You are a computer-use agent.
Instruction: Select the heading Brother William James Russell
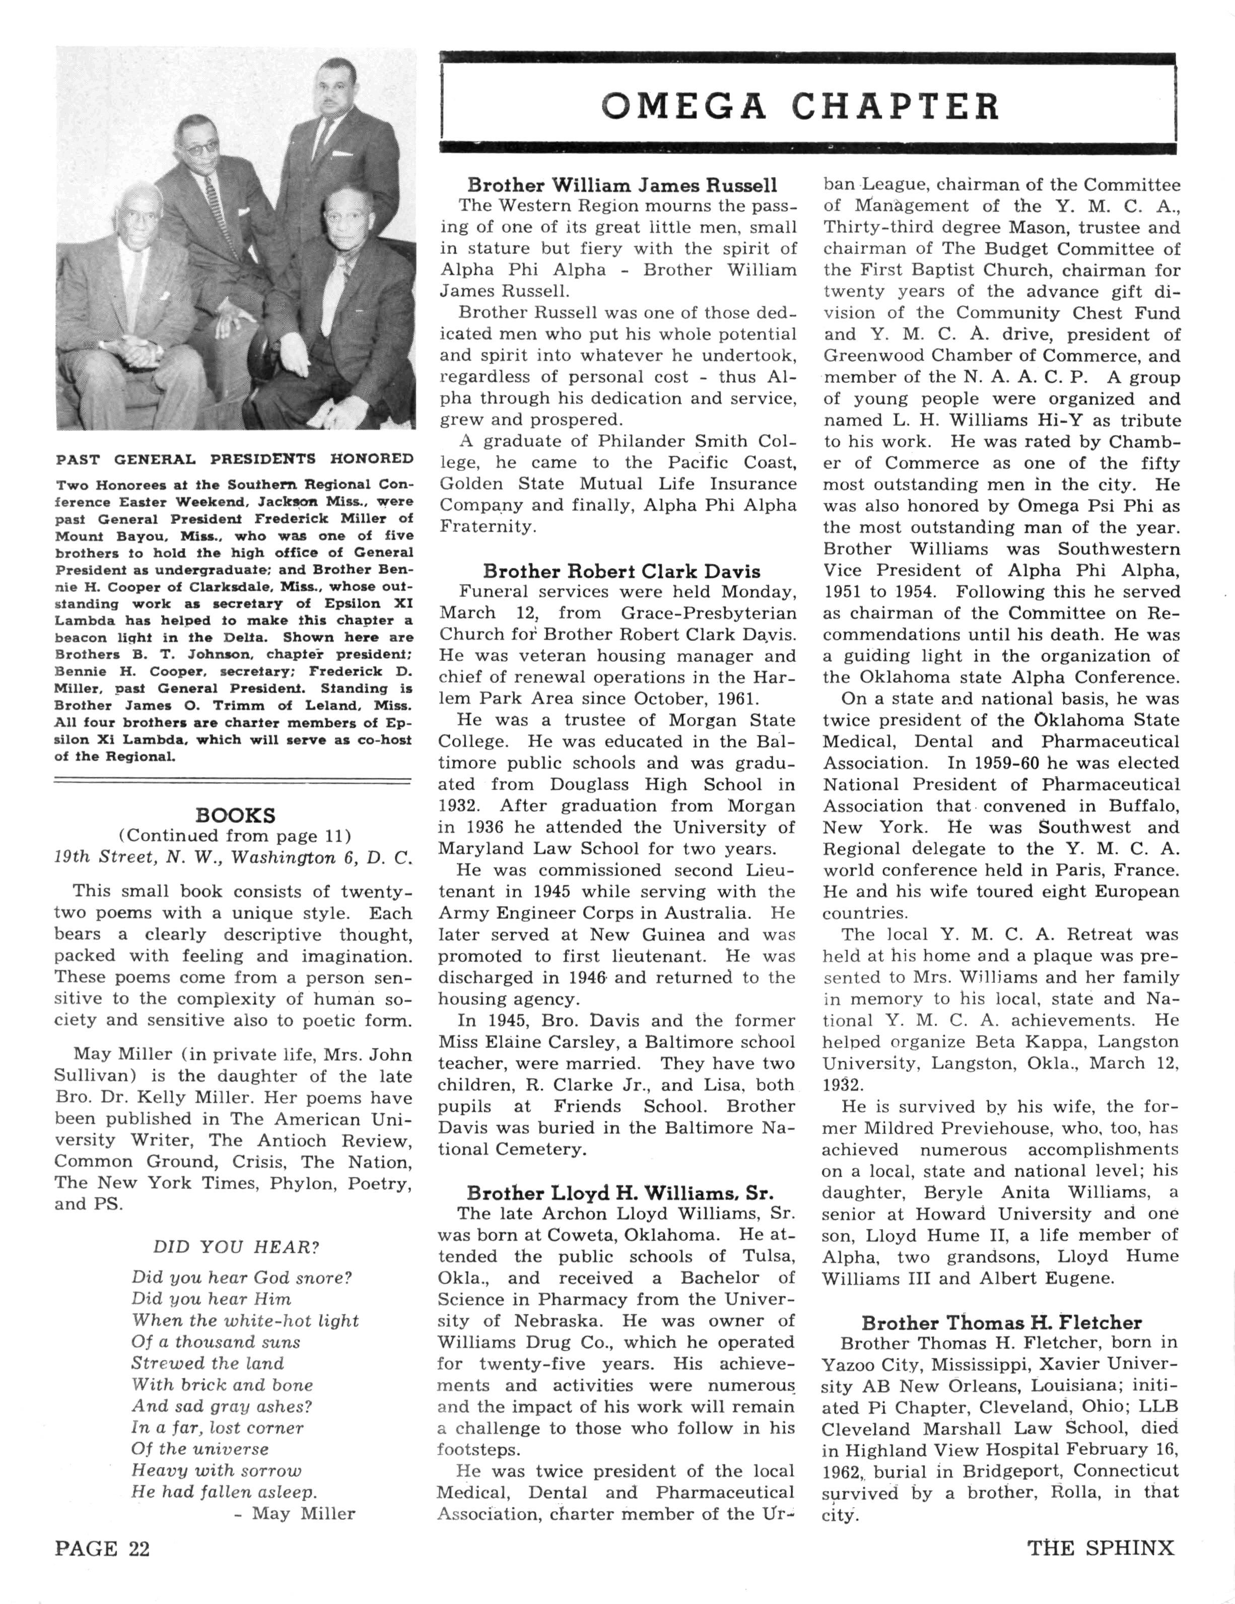pos(622,185)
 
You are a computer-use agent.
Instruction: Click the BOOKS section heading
pos(235,815)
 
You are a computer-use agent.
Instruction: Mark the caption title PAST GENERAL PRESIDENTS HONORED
pos(235,459)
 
